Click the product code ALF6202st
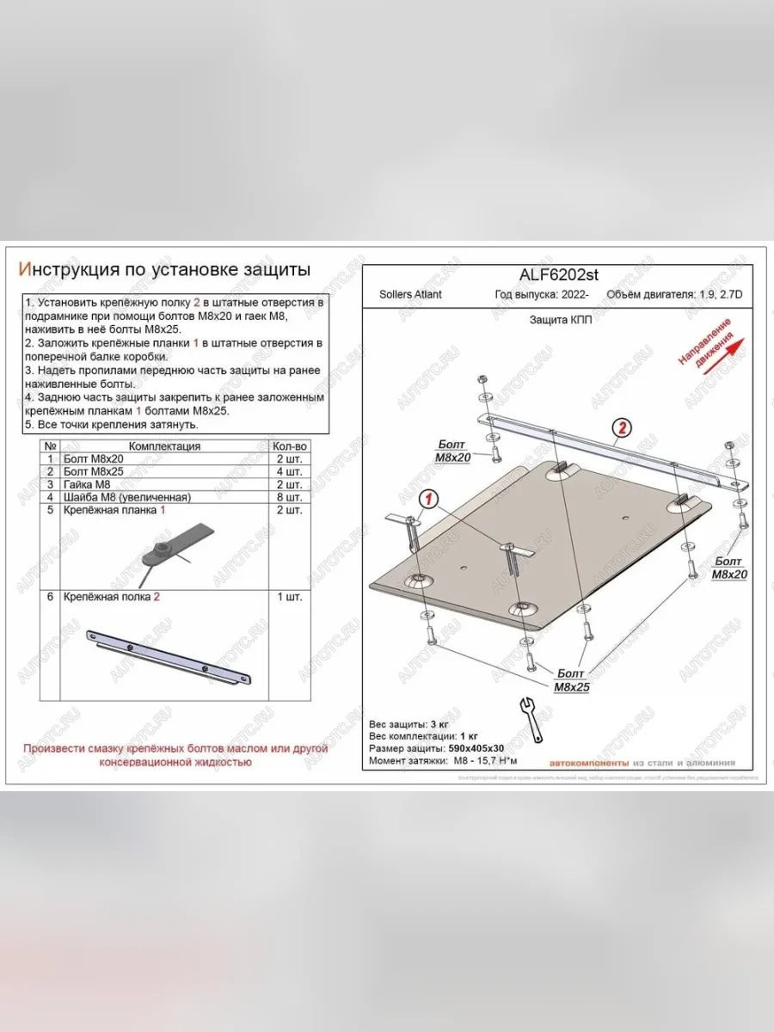(558, 274)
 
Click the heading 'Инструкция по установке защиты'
(164, 270)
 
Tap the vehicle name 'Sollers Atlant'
(410, 295)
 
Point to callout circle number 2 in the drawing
(621, 427)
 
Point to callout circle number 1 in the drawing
(430, 499)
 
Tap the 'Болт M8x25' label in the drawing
(568, 679)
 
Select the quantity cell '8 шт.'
(289, 497)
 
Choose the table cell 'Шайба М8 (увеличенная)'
(126, 497)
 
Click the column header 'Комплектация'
(164, 446)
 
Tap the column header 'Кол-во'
(289, 446)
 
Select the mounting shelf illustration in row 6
(168, 658)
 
